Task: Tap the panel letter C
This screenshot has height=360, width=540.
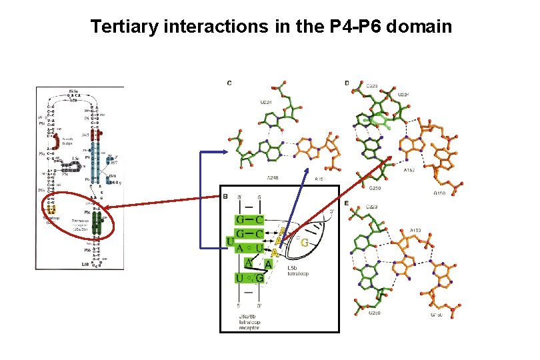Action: [x=229, y=83]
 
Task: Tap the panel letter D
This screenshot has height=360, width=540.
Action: [x=347, y=83]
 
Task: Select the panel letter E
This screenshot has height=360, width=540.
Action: [x=347, y=203]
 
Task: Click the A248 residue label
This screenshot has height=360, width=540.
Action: [x=273, y=177]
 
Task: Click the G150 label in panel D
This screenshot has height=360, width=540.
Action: [x=439, y=193]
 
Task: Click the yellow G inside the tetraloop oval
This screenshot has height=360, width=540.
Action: [x=304, y=243]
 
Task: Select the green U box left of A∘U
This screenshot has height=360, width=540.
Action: [x=230, y=241]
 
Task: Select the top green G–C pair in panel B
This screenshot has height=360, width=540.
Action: [x=249, y=219]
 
